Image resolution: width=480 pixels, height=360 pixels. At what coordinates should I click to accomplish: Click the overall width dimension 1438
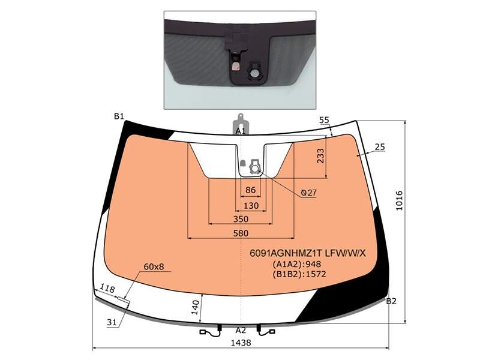click(x=241, y=343)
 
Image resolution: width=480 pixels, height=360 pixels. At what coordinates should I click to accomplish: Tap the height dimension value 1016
click(x=400, y=200)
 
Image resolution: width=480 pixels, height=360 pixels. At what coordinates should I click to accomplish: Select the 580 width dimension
click(x=241, y=233)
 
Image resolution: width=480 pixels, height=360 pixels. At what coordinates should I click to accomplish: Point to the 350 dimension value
click(x=241, y=219)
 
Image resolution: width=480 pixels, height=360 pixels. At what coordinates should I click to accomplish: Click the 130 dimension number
click(x=251, y=206)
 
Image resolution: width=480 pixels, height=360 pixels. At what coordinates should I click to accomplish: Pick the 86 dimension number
click(x=250, y=190)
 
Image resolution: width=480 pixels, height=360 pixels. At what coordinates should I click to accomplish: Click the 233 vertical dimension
click(x=320, y=156)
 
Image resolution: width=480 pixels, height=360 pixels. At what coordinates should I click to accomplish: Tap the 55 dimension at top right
click(x=324, y=121)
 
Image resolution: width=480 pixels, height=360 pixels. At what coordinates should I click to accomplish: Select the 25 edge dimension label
click(x=380, y=147)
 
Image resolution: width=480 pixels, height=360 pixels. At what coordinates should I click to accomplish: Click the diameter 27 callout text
click(x=308, y=193)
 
